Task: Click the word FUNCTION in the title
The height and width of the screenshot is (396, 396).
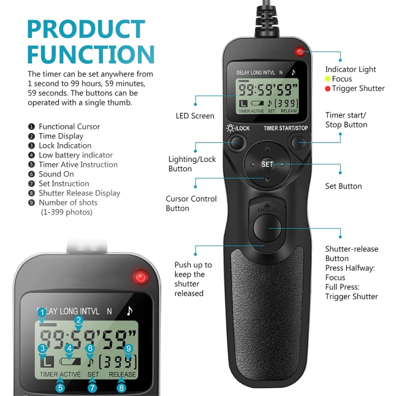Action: (91, 55)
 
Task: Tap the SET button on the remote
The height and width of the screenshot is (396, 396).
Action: (267, 164)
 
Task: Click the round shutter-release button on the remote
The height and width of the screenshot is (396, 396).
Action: (268, 227)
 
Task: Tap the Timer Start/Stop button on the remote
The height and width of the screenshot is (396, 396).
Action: (299, 141)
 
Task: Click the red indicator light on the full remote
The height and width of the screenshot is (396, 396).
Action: (300, 52)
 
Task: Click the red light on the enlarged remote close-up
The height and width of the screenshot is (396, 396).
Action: (140, 277)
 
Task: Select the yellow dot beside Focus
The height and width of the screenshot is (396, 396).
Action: (327, 79)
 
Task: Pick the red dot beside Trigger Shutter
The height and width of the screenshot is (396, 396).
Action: (327, 88)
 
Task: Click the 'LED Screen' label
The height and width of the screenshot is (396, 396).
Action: (195, 116)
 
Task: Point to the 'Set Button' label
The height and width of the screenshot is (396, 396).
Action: (343, 186)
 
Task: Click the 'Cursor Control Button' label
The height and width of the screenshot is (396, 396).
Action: (191, 203)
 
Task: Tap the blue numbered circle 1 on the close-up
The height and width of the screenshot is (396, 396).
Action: (42, 313)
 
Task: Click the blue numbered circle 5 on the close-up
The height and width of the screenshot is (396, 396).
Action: (61, 388)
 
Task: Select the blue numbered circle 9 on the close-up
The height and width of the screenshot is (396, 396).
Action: (127, 348)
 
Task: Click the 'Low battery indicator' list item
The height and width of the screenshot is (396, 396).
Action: (76, 155)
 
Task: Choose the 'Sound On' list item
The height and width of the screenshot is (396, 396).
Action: (56, 174)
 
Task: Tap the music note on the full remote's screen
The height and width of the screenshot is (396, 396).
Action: (294, 72)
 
